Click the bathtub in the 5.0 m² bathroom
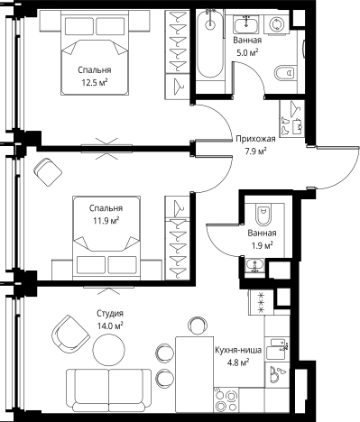pyautogui.click(x=210, y=44)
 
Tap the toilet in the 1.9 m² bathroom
pyautogui.click(x=263, y=215)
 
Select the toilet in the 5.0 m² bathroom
pyautogui.click(x=284, y=72)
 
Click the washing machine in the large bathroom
pyautogui.click(x=276, y=24)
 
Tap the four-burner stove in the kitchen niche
pyautogui.click(x=226, y=399)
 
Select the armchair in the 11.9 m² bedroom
pyautogui.click(x=48, y=172)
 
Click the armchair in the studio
pyautogui.click(x=70, y=334)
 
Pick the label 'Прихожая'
pyautogui.click(x=255, y=139)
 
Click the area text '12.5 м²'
pyautogui.click(x=95, y=83)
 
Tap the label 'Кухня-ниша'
pyautogui.click(x=238, y=350)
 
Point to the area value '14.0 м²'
pyautogui.click(x=110, y=326)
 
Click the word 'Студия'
pyautogui.click(x=110, y=313)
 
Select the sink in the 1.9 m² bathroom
pyautogui.click(x=255, y=265)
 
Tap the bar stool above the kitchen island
pyautogui.click(x=198, y=326)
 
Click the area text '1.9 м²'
pyautogui.click(x=263, y=245)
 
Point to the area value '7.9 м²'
pyautogui.click(x=255, y=151)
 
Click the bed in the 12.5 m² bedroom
pyautogui.click(x=95, y=53)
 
